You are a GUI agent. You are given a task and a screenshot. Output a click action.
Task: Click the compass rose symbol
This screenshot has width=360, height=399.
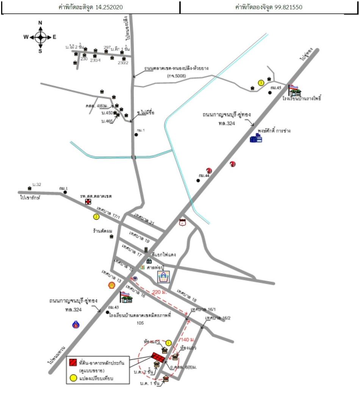pyautogui.click(x=40, y=37)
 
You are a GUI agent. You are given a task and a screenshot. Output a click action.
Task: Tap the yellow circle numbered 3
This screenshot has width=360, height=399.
pyautogui.click(x=261, y=83)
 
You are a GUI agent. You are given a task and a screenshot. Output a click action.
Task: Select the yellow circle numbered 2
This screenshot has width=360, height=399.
pyautogui.click(x=97, y=217)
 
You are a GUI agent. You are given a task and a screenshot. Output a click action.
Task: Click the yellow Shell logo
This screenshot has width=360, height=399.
pyautogui.click(x=112, y=284)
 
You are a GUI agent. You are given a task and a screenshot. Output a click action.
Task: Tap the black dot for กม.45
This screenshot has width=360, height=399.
pyautogui.click(x=270, y=92)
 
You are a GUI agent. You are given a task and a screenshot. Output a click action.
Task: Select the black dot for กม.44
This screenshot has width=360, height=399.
pyautogui.click(x=198, y=180)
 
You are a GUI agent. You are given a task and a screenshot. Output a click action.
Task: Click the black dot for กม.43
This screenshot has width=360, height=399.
pyautogui.click(x=108, y=312)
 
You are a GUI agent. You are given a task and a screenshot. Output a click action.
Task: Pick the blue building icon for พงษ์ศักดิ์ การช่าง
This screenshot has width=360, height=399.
pyautogui.click(x=256, y=138)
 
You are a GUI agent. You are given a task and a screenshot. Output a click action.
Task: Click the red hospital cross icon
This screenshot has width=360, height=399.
pyautogui.click(x=88, y=202)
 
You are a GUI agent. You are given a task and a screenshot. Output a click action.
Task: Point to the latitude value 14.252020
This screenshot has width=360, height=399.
pyautogui.click(x=109, y=7)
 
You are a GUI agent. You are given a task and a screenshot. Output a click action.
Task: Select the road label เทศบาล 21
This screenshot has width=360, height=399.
pyautogui.click(x=146, y=219)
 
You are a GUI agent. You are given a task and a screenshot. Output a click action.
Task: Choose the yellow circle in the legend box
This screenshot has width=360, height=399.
pyautogui.click(x=73, y=378)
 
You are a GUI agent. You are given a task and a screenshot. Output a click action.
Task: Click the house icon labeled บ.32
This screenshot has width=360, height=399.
pyautogui.click(x=30, y=188)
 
